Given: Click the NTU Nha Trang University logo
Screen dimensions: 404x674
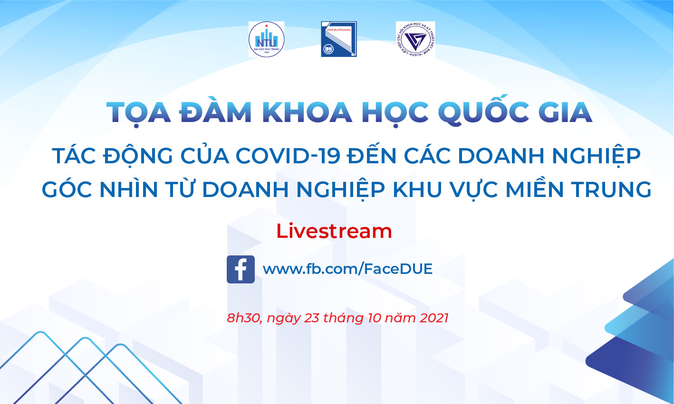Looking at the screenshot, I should [x=266, y=39].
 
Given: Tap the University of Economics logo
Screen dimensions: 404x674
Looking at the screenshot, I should [x=338, y=39].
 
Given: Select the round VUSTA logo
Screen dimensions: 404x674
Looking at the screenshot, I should [x=415, y=39].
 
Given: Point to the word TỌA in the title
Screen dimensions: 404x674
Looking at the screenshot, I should [x=138, y=113].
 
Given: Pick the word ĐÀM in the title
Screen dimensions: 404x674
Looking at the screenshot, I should [x=216, y=113].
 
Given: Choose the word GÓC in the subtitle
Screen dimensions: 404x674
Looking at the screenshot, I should [x=67, y=189].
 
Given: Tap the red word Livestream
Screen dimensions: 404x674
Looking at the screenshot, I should [x=334, y=231].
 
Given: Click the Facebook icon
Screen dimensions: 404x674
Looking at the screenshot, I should [x=241, y=269].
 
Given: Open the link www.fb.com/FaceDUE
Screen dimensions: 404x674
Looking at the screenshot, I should [x=347, y=269].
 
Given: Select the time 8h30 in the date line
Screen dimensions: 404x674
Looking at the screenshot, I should [x=244, y=318].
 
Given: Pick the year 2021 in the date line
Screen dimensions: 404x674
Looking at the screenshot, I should [x=434, y=318].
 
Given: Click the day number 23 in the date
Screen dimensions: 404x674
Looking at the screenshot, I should [x=311, y=318].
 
